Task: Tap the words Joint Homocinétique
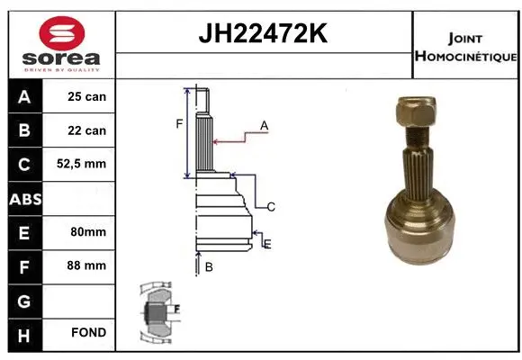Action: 465,48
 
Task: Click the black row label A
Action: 23,97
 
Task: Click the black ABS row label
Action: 23,198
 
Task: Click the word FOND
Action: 87,333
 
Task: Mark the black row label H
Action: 23,333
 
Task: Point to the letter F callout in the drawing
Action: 179,123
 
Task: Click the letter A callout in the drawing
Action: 265,126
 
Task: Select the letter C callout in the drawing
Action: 270,207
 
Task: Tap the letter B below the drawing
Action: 208,266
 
